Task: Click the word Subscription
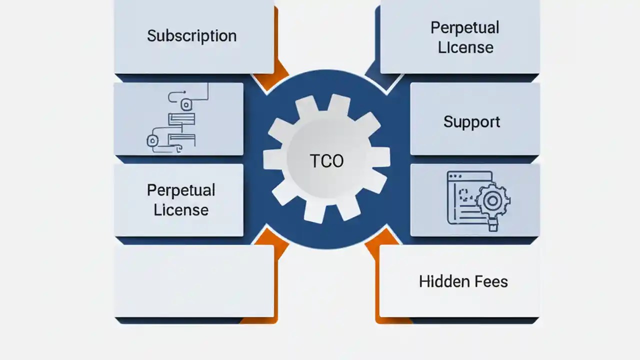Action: pos(191,36)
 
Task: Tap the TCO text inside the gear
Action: pos(326,161)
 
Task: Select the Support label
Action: pos(471,122)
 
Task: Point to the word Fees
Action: pos(488,281)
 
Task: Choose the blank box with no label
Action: pos(194,280)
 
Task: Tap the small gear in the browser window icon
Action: pos(492,200)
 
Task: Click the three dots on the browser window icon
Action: pos(455,176)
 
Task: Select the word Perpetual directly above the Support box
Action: pos(464,27)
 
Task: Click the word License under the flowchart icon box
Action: pos(181,210)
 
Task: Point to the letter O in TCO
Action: pos(337,161)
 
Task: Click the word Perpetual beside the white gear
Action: pos(181,190)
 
